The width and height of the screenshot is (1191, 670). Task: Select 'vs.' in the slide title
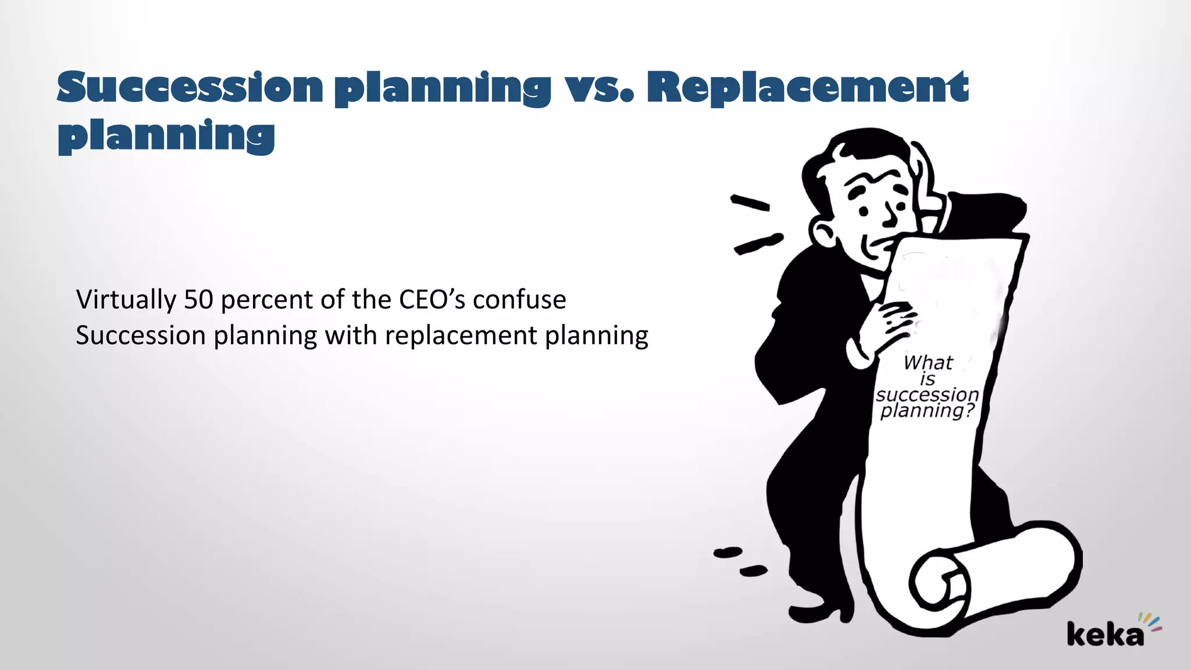pyautogui.click(x=599, y=90)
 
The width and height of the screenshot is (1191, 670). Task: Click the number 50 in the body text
pyautogui.click(x=198, y=300)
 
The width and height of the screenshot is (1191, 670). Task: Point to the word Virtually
pyautogui.click(x=126, y=300)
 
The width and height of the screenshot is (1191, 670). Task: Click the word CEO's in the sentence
pyautogui.click(x=432, y=300)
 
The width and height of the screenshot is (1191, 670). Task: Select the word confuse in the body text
pyautogui.click(x=519, y=300)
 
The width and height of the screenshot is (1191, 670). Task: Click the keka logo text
pyautogui.click(x=1105, y=634)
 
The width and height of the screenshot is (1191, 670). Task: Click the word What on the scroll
pyautogui.click(x=928, y=363)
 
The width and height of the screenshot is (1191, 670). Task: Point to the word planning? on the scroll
pyautogui.click(x=927, y=411)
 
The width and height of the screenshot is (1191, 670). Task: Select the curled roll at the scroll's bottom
pyautogui.click(x=942, y=582)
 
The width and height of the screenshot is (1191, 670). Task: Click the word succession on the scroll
pyautogui.click(x=927, y=394)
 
